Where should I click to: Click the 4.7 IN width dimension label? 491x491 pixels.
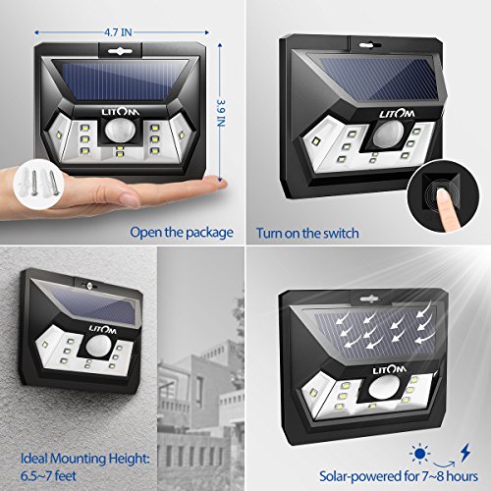click(x=118, y=32)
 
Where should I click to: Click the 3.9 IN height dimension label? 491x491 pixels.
click(x=222, y=113)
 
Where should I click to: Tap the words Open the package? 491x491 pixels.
click(x=182, y=233)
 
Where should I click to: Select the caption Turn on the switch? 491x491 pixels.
click(x=307, y=233)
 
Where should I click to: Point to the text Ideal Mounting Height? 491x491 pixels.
click(x=85, y=459)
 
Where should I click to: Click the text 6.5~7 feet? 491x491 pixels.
click(x=48, y=475)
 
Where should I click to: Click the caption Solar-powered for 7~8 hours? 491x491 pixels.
click(x=399, y=476)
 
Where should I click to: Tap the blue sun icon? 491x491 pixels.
click(x=420, y=454)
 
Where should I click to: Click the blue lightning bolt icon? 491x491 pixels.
click(x=465, y=453)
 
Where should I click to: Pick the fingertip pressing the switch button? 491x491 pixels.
click(x=445, y=195)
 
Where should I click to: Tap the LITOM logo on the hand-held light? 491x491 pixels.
click(x=121, y=112)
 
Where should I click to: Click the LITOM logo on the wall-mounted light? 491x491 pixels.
click(x=102, y=330)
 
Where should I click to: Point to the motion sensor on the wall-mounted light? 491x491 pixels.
click(x=98, y=347)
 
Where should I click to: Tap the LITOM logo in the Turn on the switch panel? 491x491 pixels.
click(x=397, y=114)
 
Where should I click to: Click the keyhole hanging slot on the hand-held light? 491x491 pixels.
click(x=120, y=51)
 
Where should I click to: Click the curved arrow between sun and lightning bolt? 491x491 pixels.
click(x=444, y=463)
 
